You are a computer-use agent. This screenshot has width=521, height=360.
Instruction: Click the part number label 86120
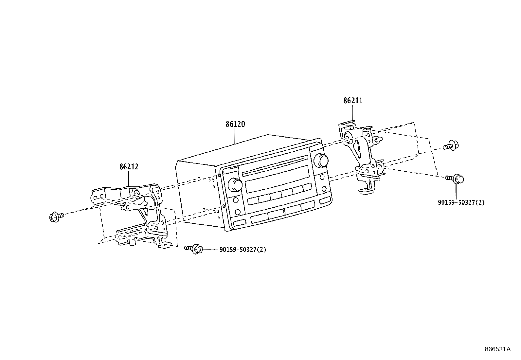pos(235,124)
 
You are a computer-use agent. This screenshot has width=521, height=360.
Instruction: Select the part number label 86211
pos(353,101)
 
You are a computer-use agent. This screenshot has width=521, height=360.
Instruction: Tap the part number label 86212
pos(129,167)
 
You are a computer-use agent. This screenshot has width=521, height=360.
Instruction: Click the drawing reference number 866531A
pos(497,349)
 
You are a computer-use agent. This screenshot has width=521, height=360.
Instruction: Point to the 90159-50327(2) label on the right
pos(461,202)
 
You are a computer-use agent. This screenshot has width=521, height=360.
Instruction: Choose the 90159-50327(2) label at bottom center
pos(243,250)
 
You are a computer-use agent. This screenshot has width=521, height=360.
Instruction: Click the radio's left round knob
pos(235,184)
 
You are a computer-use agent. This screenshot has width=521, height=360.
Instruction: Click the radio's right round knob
pos(320,160)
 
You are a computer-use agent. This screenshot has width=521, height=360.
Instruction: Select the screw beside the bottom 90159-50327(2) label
pos(193,249)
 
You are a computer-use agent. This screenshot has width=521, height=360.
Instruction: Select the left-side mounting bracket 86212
pos(137,213)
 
